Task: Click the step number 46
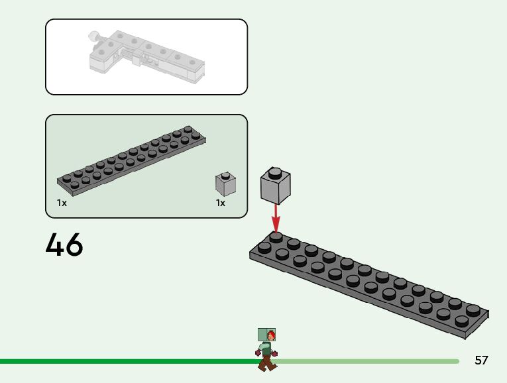64,245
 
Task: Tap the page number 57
481,360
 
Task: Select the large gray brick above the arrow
276,186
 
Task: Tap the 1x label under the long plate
62,203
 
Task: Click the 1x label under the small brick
221,203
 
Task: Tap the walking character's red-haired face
270,335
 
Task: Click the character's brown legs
266,362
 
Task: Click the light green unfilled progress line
371,361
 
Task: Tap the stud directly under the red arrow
276,237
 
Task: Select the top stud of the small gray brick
225,176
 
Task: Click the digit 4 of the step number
54,245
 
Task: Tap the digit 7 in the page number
485,360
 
